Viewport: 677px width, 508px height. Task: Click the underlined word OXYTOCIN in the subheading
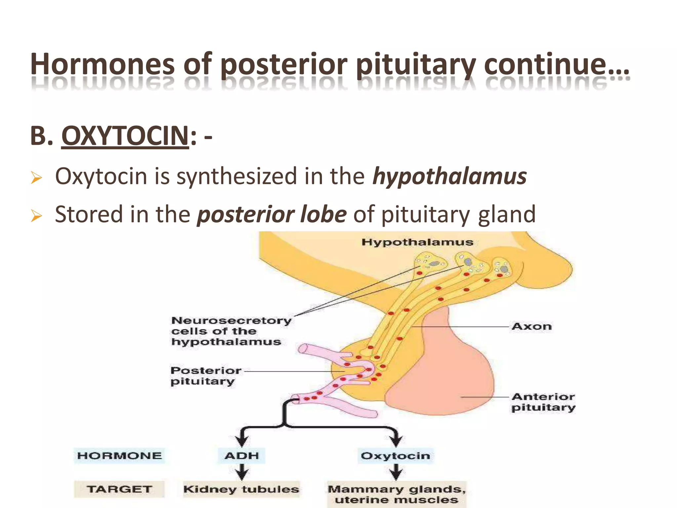coord(125,136)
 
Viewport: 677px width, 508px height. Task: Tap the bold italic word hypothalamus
coord(449,176)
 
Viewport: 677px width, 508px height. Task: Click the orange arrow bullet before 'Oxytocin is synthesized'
coord(36,178)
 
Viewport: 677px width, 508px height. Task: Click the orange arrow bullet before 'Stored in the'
coord(36,216)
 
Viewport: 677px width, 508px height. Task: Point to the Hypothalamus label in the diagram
coord(417,242)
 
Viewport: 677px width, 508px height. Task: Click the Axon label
coord(532,326)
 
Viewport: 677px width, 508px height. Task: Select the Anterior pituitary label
coord(543,402)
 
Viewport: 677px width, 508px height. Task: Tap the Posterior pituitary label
coord(206,376)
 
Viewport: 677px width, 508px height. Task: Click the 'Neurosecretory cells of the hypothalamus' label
coord(231,331)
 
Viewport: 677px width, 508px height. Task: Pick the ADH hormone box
coord(242,456)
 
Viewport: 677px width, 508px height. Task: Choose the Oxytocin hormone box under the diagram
coord(395,456)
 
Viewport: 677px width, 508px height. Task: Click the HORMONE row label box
coord(119,456)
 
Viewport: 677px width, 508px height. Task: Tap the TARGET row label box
coord(119,489)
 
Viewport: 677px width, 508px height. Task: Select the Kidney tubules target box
coord(241,489)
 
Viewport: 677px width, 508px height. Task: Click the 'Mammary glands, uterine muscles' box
coord(396,494)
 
